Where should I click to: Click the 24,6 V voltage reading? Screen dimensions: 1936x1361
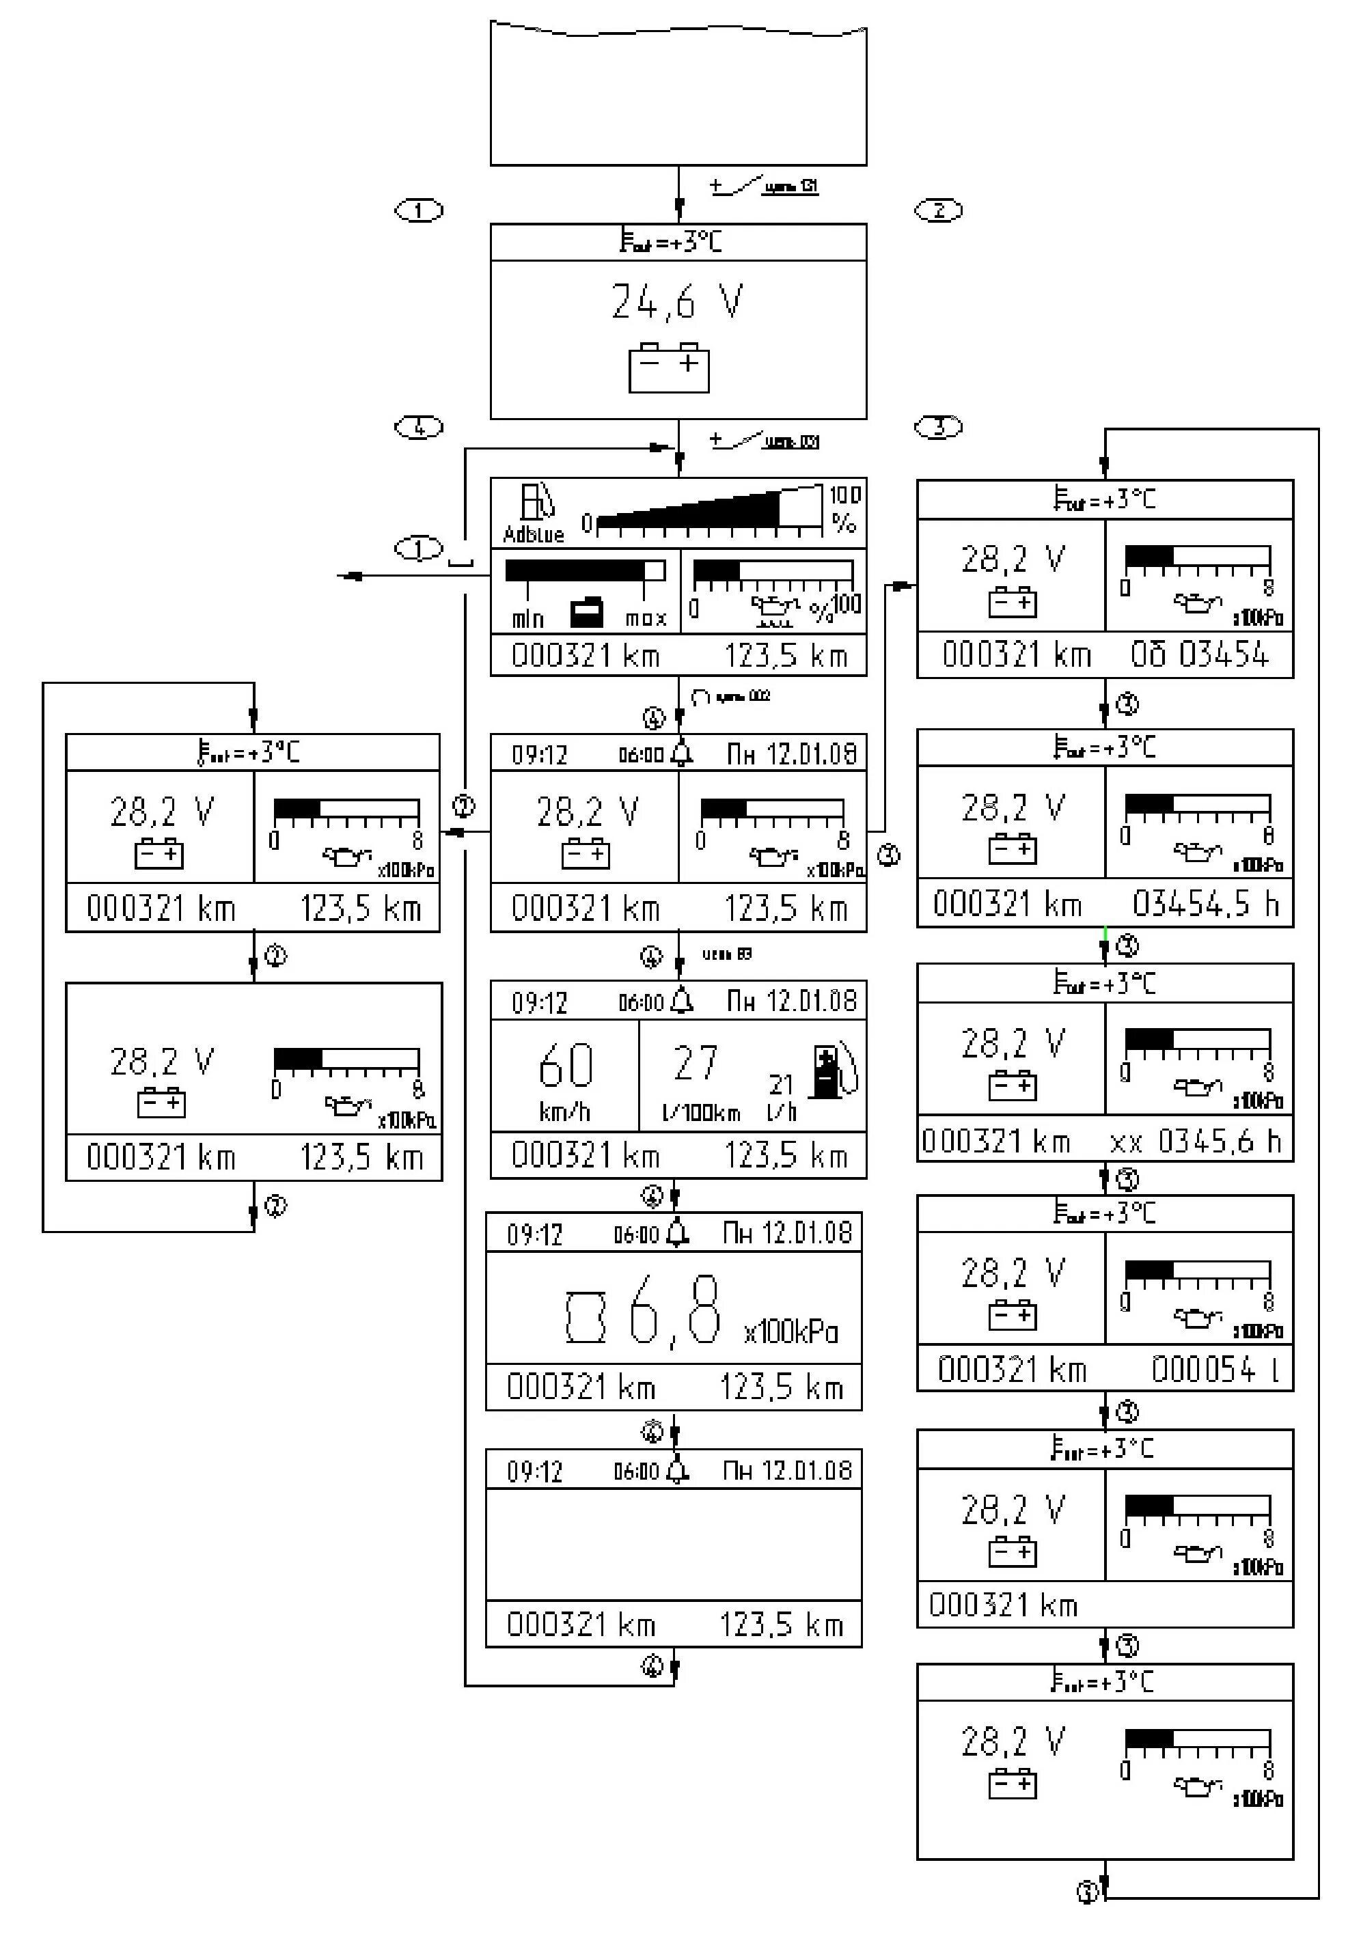677,302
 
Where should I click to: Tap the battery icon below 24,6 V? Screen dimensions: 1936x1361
669,368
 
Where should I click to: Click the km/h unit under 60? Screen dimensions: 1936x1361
564,1112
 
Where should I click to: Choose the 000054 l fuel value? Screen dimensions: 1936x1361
1215,1370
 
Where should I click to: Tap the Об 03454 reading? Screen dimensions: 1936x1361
1199,654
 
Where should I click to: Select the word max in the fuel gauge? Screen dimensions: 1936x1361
646,619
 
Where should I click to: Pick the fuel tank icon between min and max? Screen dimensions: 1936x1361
587,612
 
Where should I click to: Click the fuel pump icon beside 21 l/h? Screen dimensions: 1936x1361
831,1073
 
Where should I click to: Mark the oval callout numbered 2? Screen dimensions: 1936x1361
939,210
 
